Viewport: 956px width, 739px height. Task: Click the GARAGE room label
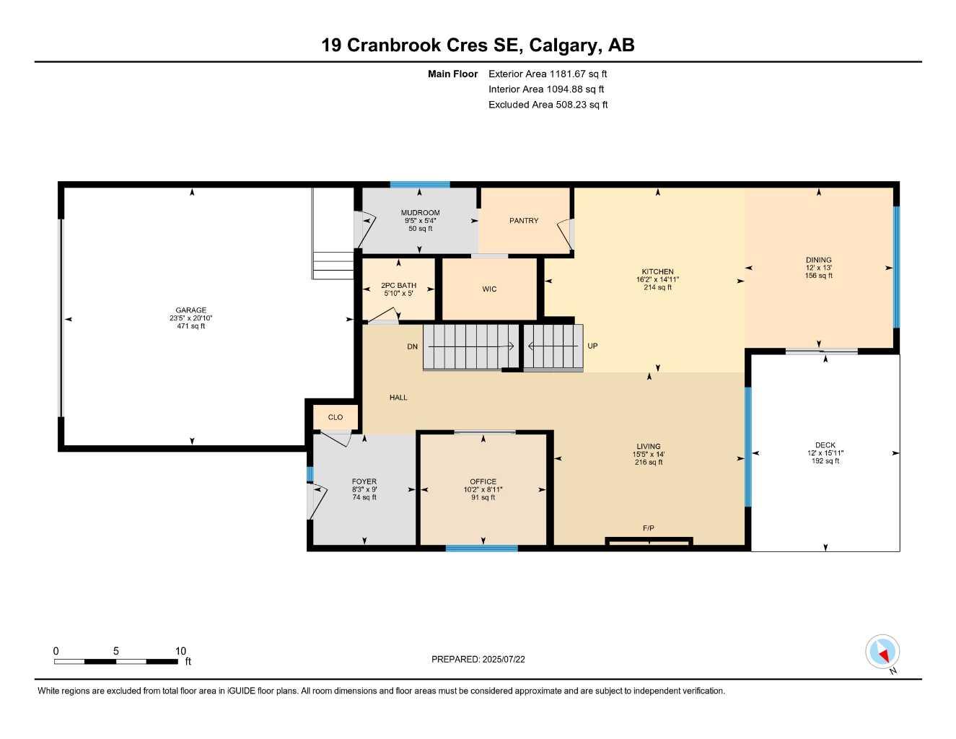pos(191,310)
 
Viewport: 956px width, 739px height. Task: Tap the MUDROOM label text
pos(420,213)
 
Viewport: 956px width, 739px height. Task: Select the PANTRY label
pos(524,221)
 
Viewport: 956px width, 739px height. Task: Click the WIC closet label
pos(489,289)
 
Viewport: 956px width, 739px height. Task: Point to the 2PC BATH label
pos(398,286)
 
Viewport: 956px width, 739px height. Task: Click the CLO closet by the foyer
pos(336,417)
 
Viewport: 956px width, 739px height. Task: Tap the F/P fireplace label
pos(649,528)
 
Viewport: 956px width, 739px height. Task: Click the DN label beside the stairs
pos(412,347)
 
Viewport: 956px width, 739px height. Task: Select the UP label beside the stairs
pos(592,346)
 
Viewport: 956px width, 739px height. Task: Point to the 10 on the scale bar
pos(180,651)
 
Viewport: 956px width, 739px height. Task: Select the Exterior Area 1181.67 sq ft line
pos(548,74)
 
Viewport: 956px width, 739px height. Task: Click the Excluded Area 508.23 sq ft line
pos(548,105)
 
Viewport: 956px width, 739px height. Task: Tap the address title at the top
pos(478,45)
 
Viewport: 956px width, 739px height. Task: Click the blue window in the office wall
pos(481,548)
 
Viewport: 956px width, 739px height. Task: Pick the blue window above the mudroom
pos(420,185)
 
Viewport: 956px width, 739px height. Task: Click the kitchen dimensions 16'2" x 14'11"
pos(657,279)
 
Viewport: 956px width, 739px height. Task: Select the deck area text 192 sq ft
pos(825,461)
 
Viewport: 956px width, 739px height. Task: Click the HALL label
pos(398,398)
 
